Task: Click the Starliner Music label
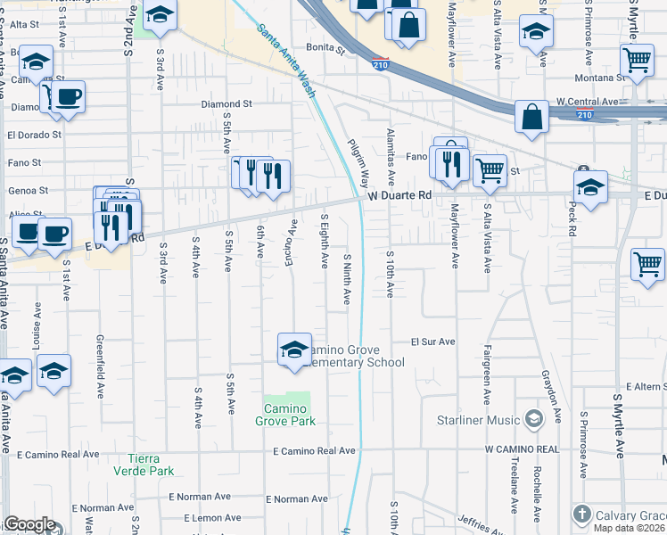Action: point(478,419)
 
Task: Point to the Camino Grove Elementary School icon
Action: point(294,350)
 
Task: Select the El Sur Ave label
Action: point(432,342)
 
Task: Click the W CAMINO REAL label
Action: point(522,449)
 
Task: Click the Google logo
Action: point(29,524)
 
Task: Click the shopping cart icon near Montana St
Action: point(638,60)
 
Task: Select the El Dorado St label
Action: point(34,136)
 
